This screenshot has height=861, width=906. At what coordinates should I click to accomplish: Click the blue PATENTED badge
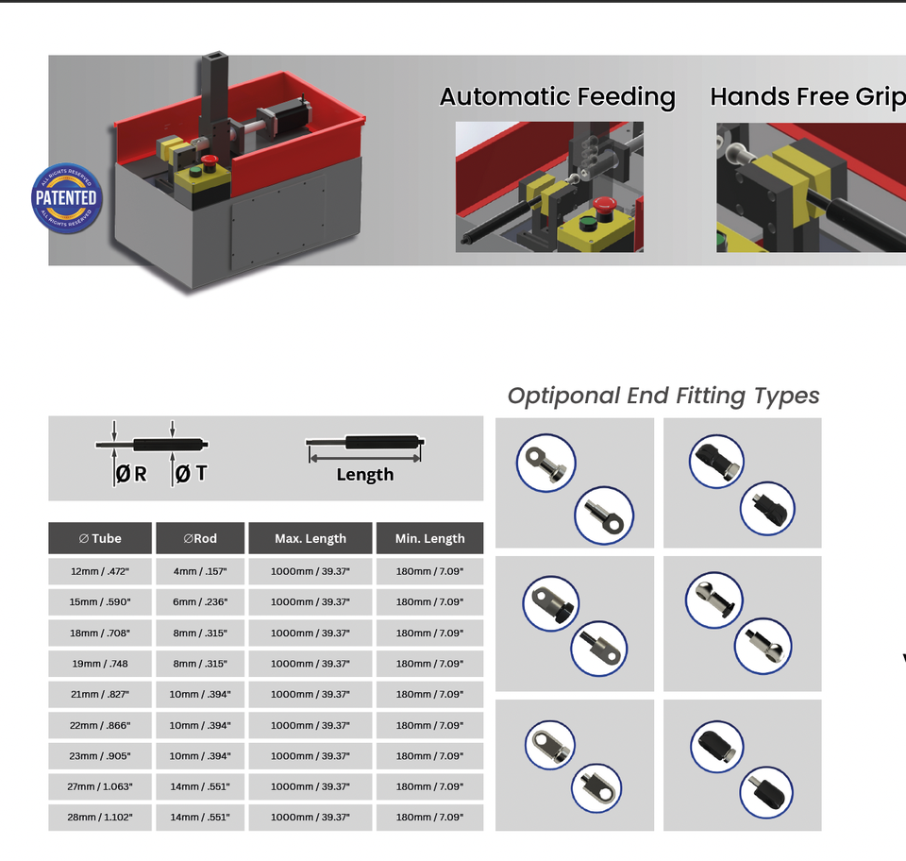tap(66, 198)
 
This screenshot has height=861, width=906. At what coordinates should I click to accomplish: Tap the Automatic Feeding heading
tap(557, 97)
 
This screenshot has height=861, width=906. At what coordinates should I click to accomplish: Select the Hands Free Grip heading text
tap(807, 96)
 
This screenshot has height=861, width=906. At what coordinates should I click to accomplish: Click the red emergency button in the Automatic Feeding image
tap(605, 205)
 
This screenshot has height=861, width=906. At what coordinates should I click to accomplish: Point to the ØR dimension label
tap(131, 474)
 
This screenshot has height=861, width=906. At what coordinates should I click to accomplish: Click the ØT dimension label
tap(191, 474)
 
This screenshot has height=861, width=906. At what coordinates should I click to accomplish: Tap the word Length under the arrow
tap(364, 475)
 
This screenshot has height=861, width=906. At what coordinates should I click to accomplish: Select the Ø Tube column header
tap(100, 538)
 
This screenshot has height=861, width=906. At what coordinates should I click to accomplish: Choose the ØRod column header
tap(200, 538)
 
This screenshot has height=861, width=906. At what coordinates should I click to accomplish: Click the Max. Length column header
tap(310, 538)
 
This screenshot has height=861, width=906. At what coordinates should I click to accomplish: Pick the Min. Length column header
tap(429, 538)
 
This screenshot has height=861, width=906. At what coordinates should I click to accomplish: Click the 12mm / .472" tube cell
tap(100, 571)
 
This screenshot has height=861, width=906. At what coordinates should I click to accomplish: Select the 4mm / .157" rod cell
tap(200, 571)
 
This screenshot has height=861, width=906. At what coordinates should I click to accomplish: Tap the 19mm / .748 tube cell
tap(100, 664)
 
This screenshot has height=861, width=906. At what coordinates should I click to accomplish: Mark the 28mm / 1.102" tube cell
tap(100, 818)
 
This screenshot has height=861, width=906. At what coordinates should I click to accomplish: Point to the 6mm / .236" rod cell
tap(200, 602)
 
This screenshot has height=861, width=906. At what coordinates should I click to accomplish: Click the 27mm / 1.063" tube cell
tap(100, 786)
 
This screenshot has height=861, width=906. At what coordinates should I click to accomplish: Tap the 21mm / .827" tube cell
tap(100, 694)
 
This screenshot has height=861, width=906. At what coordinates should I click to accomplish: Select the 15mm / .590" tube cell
tap(100, 602)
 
